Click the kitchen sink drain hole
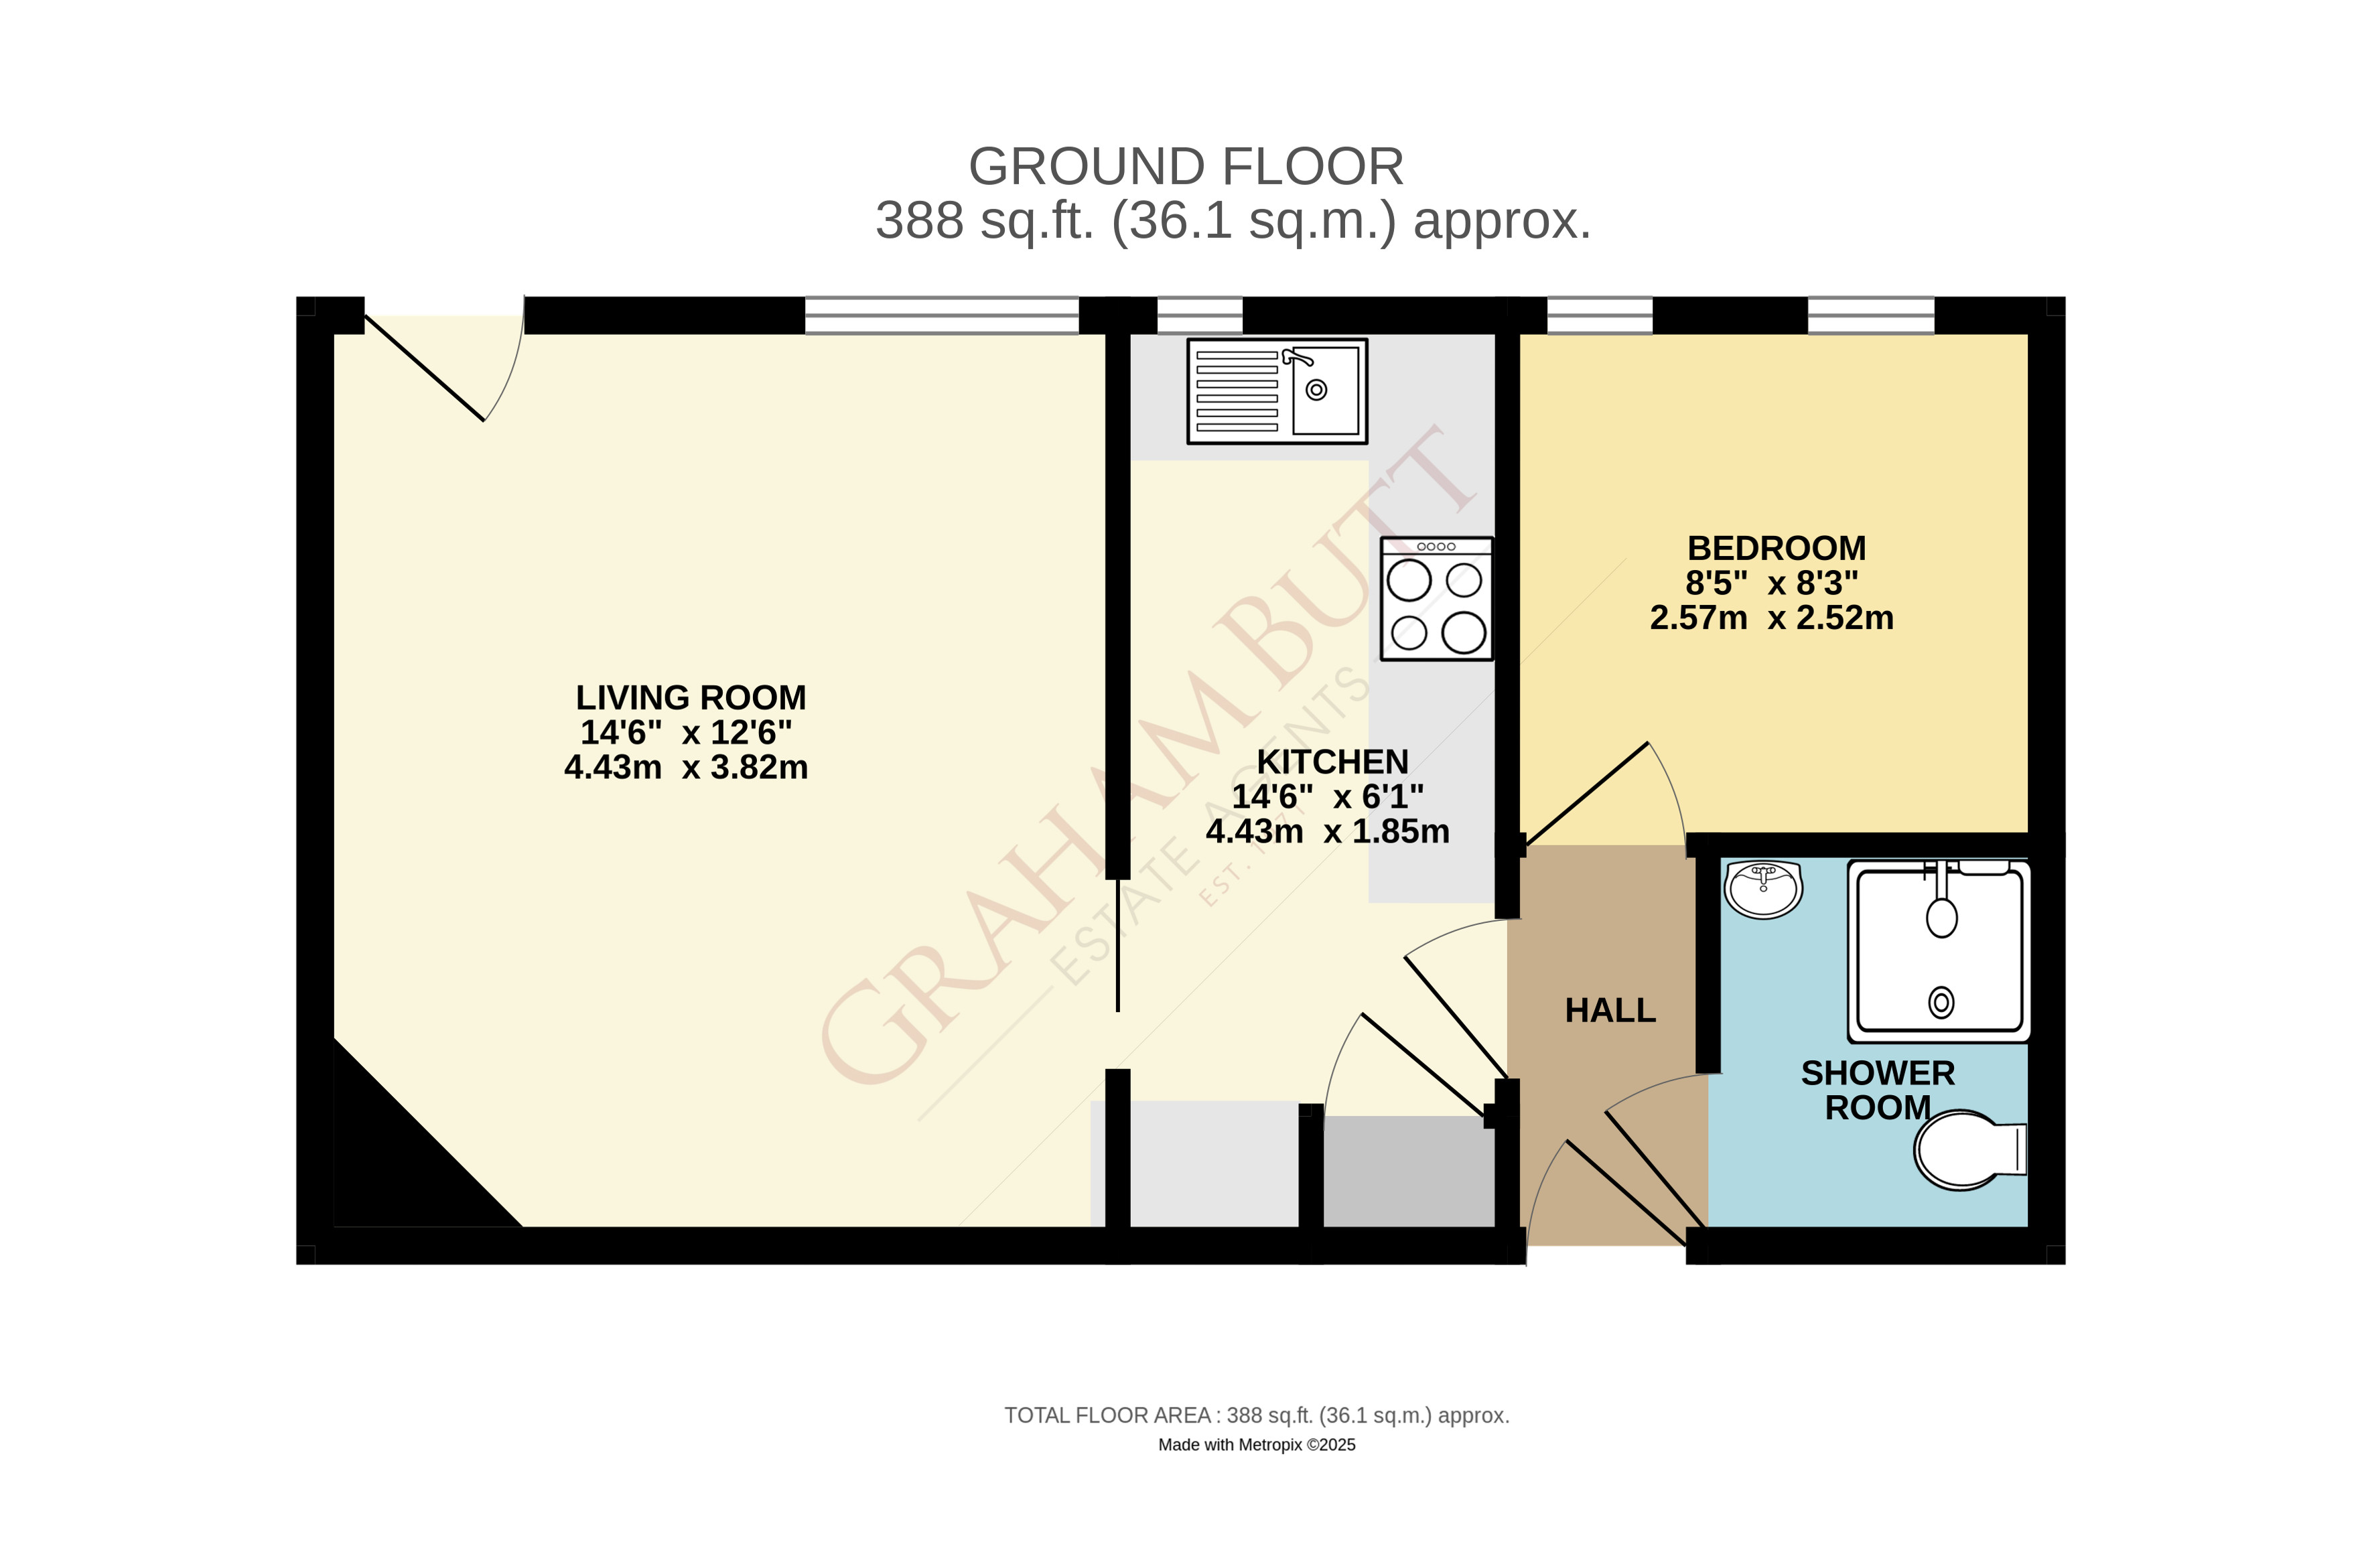(1316, 390)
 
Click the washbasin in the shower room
(1763, 888)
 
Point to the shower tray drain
(1941, 1002)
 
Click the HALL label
(1610, 1011)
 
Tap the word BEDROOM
(1776, 548)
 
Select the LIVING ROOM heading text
(691, 697)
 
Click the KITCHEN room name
(1332, 762)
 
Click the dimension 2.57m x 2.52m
(1771, 618)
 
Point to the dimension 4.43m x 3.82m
(685, 767)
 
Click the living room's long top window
(941, 315)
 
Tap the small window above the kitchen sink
(1199, 315)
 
